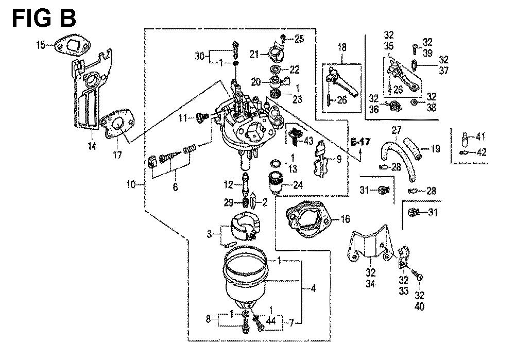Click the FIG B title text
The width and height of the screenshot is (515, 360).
click(44, 19)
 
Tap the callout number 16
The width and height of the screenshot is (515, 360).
click(345, 219)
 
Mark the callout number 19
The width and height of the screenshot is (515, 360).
click(436, 149)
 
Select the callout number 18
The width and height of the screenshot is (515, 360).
click(341, 47)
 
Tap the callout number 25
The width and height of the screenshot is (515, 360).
click(299, 38)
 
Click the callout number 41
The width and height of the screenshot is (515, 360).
click(480, 137)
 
